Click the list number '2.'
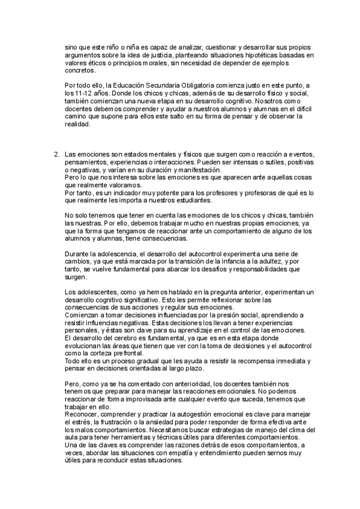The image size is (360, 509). [x=57, y=155]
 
